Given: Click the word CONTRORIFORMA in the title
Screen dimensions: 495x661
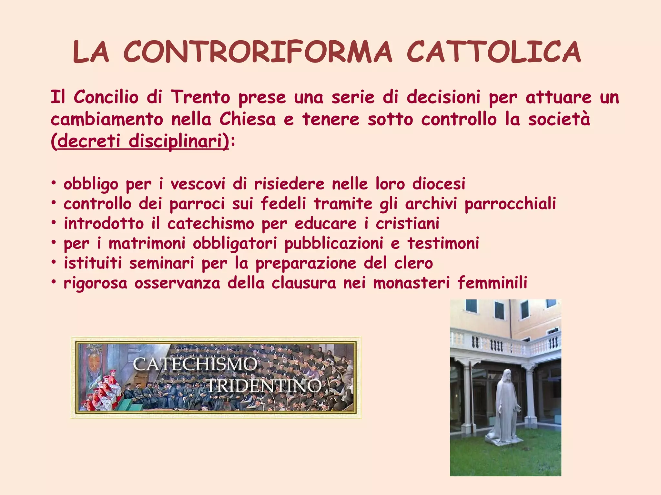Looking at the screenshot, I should coord(258,52).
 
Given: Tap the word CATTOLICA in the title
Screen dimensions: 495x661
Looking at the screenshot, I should coord(494,52).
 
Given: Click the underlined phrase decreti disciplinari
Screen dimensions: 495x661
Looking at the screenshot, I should coord(140,141).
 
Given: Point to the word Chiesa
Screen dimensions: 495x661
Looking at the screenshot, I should coord(248,119).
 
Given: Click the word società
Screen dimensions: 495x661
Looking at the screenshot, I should coord(559,119).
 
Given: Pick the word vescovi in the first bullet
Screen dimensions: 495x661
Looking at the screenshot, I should coord(198,184).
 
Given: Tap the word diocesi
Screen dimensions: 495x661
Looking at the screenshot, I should coord(439,184).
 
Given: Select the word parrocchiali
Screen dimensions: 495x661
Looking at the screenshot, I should coord(510,204).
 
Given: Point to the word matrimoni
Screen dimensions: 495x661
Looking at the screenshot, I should coord(147,243).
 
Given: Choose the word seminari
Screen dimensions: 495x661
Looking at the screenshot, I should coord(162,263).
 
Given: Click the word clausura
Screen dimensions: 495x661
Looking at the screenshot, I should coord(304,283).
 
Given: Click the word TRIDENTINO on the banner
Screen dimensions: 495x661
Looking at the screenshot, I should coord(264,386).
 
